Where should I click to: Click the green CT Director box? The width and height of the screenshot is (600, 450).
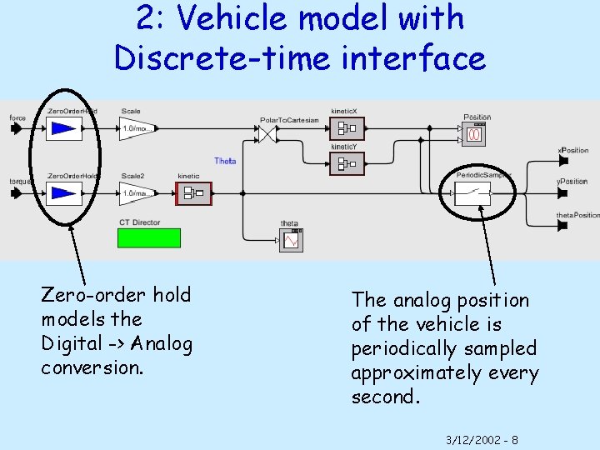(149, 237)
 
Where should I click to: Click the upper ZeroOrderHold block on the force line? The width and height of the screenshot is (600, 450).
(64, 128)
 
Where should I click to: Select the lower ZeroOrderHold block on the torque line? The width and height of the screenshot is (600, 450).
(64, 193)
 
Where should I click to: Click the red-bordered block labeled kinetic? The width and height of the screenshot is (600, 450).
(192, 193)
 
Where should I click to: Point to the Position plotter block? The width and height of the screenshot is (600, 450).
(477, 132)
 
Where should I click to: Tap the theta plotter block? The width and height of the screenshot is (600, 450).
(291, 239)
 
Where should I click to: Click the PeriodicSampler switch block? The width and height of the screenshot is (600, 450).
(472, 193)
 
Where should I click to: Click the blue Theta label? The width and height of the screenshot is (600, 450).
(225, 161)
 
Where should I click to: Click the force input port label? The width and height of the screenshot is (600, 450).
(17, 118)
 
